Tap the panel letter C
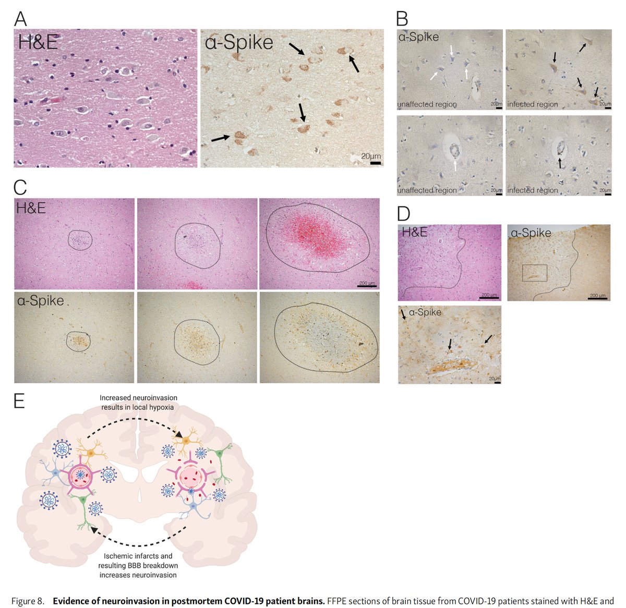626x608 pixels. [20, 187]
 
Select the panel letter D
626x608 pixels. [403, 213]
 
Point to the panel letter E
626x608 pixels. [19, 401]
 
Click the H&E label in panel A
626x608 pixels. [38, 43]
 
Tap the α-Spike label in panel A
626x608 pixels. [239, 43]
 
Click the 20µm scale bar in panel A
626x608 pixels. [375, 163]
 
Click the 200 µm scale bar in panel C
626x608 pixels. [367, 286]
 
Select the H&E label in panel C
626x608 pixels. [31, 208]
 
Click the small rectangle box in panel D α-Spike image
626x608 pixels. [534, 273]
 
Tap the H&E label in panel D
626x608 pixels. [414, 232]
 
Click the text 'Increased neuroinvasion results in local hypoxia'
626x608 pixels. [138, 402]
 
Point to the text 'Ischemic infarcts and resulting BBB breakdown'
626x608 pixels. [138, 561]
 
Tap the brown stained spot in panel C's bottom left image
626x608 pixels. [79, 341]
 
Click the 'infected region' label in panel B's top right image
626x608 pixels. [532, 104]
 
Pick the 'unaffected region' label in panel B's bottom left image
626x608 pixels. [427, 190]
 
